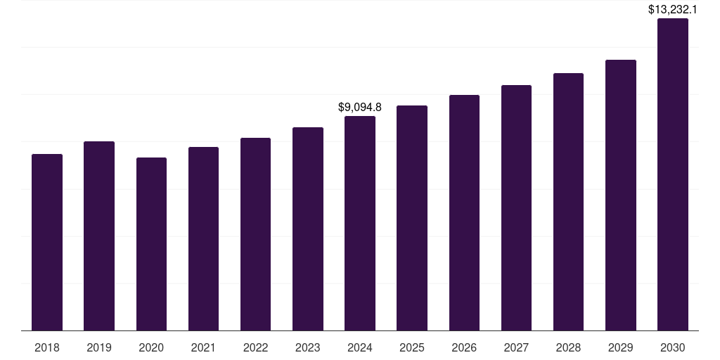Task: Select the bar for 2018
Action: point(47,243)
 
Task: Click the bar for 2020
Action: point(152,244)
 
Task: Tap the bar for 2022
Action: point(255,234)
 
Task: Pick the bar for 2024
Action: point(360,224)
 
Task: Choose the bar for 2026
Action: point(464,213)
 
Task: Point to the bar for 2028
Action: point(568,202)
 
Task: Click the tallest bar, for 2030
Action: point(673,174)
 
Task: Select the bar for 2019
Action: point(99,236)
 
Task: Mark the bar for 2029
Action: point(621,195)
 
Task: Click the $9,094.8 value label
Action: point(360,107)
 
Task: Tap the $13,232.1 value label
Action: point(673,9)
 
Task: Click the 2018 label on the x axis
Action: point(47,347)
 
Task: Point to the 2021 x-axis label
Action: point(203,347)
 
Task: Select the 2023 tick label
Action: point(308,347)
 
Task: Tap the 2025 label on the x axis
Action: point(412,347)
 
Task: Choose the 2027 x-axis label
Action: point(516,347)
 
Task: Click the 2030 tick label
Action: point(673,347)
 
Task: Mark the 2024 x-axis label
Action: point(360,347)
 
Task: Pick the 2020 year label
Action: point(152,347)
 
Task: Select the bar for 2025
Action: point(412,218)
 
